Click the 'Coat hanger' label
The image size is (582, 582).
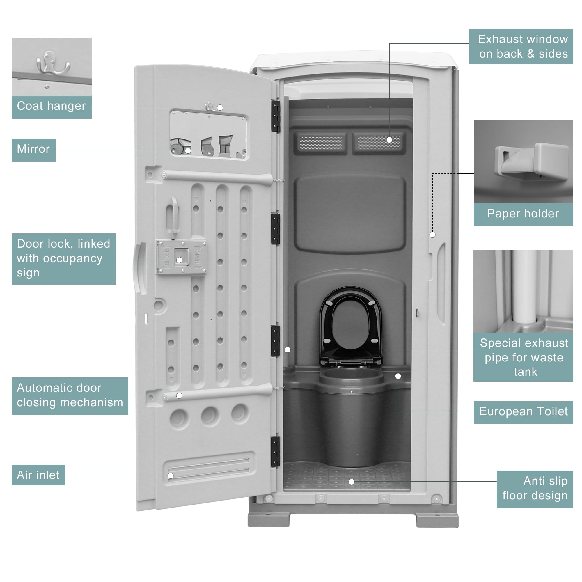[x=51, y=106]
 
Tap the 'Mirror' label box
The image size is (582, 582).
[x=33, y=149]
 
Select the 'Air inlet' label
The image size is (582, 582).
[x=38, y=475]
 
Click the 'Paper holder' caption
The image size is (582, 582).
[x=523, y=214]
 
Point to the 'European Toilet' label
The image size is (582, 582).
[x=523, y=412]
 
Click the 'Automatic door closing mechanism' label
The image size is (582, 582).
[x=70, y=395]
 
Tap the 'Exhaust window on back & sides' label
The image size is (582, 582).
[x=521, y=47]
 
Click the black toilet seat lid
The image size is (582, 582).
[x=350, y=325]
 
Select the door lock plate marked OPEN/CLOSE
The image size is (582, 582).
[x=181, y=257]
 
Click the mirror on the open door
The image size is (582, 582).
[x=208, y=134]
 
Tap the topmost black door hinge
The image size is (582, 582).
[x=275, y=116]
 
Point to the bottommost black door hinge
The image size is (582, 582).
[x=275, y=452]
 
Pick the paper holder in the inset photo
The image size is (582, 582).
[x=532, y=162]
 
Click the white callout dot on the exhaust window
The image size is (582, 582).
[x=389, y=140]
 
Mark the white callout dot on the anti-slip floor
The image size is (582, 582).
[x=351, y=482]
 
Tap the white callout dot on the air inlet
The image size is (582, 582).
[x=171, y=476]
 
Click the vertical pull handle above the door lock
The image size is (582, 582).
[x=173, y=217]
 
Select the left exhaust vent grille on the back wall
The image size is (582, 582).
[x=321, y=143]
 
